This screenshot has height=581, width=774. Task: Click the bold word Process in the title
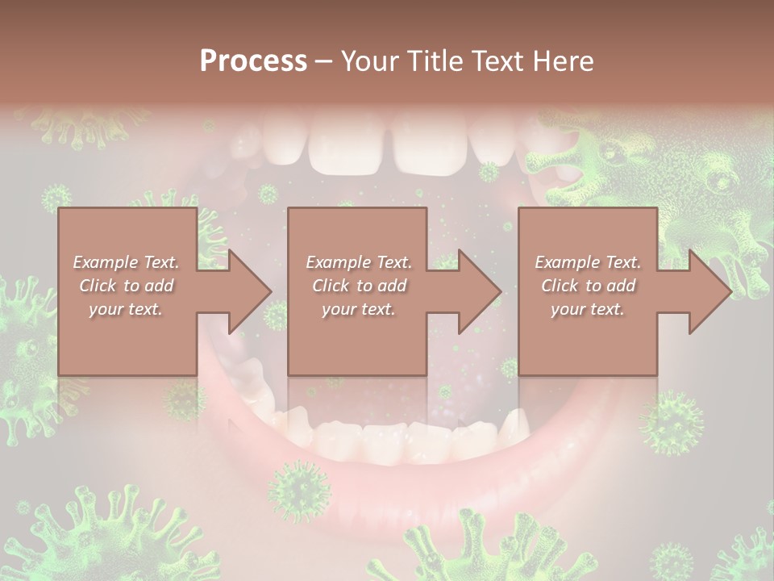click(x=253, y=61)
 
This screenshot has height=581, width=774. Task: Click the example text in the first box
click(x=126, y=286)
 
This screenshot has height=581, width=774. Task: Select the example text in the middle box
click(x=358, y=286)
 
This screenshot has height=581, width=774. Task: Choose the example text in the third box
click(x=588, y=286)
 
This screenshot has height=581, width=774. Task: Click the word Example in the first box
click(x=105, y=262)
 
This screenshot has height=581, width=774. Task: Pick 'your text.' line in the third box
click(x=588, y=309)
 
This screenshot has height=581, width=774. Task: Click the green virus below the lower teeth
click(x=298, y=491)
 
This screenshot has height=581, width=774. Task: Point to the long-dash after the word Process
click(x=323, y=61)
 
